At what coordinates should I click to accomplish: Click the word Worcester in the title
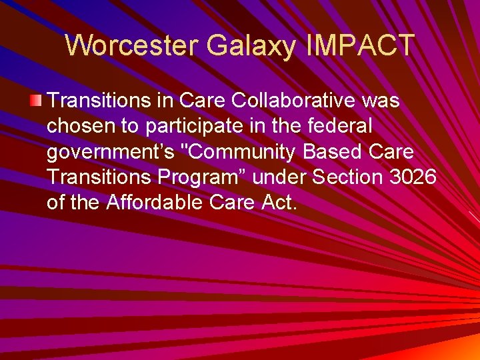click(132, 45)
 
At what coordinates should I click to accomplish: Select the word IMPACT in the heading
click(361, 45)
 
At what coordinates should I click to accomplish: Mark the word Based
click(333, 152)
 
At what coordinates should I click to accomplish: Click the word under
click(286, 177)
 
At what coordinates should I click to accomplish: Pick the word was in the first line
click(381, 101)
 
